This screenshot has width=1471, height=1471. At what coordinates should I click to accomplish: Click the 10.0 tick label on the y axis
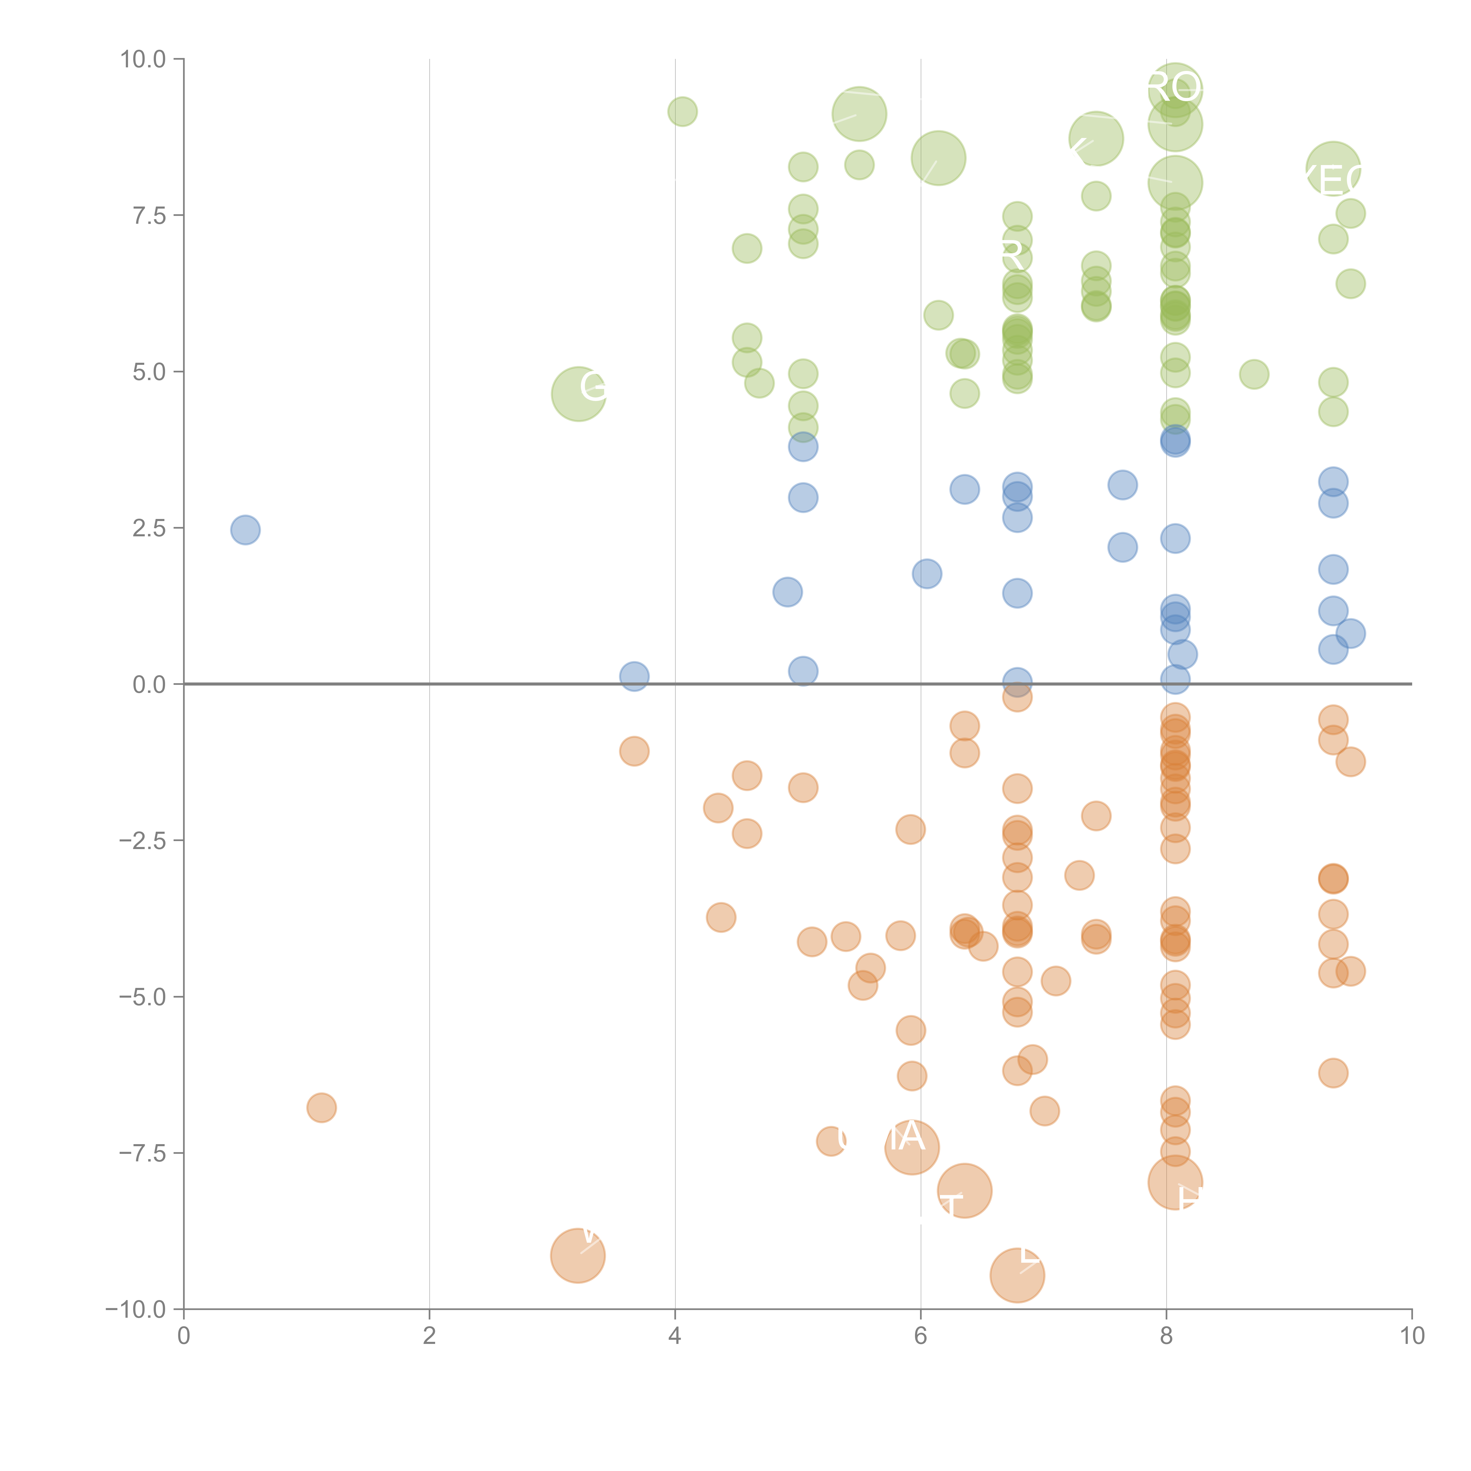(143, 59)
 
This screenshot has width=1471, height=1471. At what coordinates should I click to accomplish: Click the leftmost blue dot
(245, 530)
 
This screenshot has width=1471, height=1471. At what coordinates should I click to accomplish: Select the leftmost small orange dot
(321, 1108)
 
